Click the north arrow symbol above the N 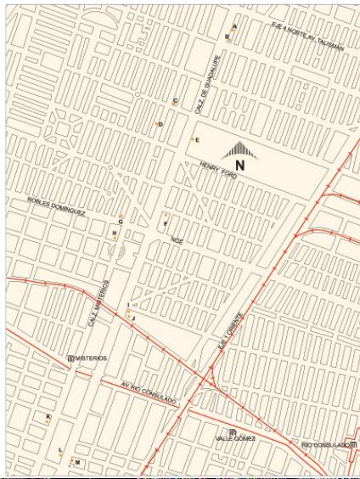(x=240, y=150)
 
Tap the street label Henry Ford (x=218, y=170)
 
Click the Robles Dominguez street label (x=57, y=206)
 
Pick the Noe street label (x=177, y=240)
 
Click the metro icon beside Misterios (x=70, y=358)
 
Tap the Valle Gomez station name (x=234, y=438)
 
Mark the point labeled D (x=156, y=124)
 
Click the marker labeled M (x=71, y=462)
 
